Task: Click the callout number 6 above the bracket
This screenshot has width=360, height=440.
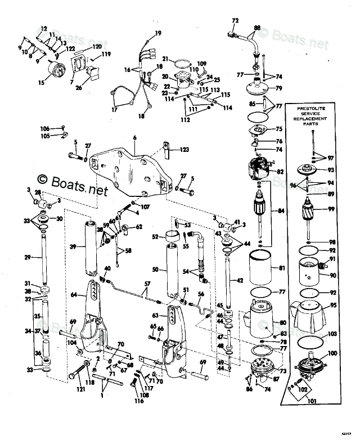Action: pyautogui.click(x=135, y=138)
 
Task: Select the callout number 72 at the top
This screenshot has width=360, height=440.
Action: pyautogui.click(x=235, y=20)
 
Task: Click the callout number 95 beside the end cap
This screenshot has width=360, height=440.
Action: pyautogui.click(x=334, y=306)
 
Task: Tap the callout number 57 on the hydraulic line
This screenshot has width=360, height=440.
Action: pyautogui.click(x=148, y=284)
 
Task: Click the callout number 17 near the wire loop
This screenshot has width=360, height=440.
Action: pyautogui.click(x=114, y=110)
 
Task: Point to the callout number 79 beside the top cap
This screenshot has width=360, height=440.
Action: pyautogui.click(x=278, y=88)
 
